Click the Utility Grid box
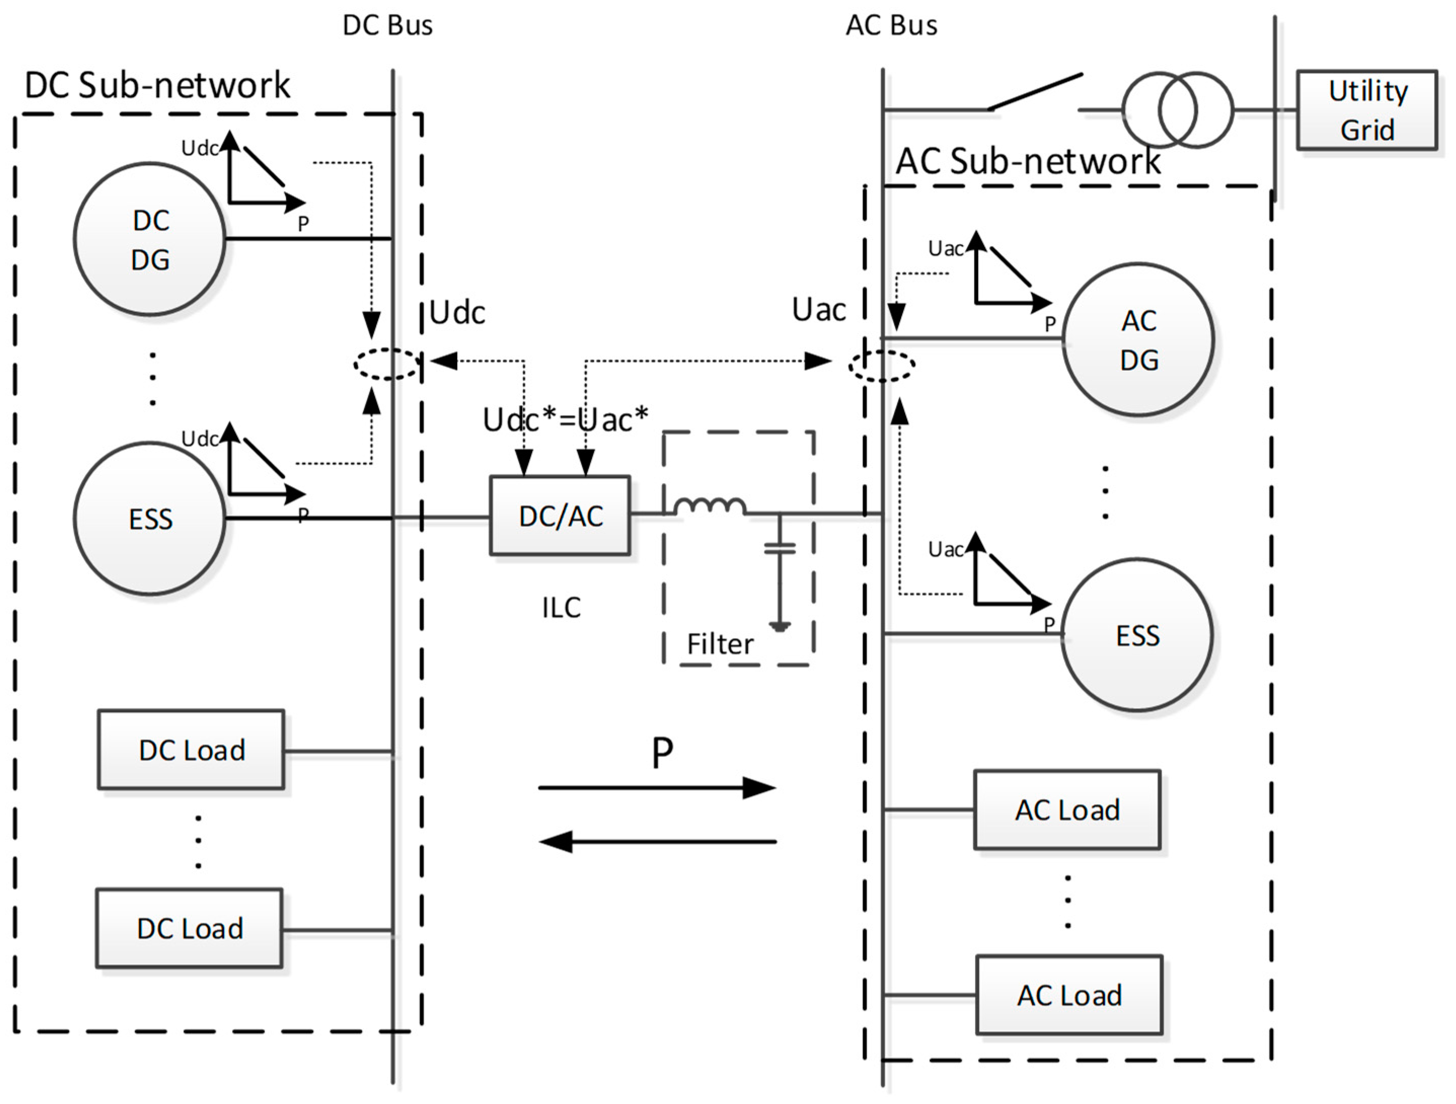point(1366,110)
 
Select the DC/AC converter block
point(560,516)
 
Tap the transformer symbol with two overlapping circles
point(1177,110)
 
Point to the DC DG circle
point(150,240)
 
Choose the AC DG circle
point(1139,339)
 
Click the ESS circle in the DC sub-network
point(150,519)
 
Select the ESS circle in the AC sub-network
point(1137,635)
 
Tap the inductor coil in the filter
point(710,506)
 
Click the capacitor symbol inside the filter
point(780,548)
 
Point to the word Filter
point(720,644)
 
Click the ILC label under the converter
point(562,608)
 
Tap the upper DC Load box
point(191,750)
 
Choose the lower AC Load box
point(1069,995)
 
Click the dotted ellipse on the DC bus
point(387,364)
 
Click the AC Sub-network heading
point(1028,161)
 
